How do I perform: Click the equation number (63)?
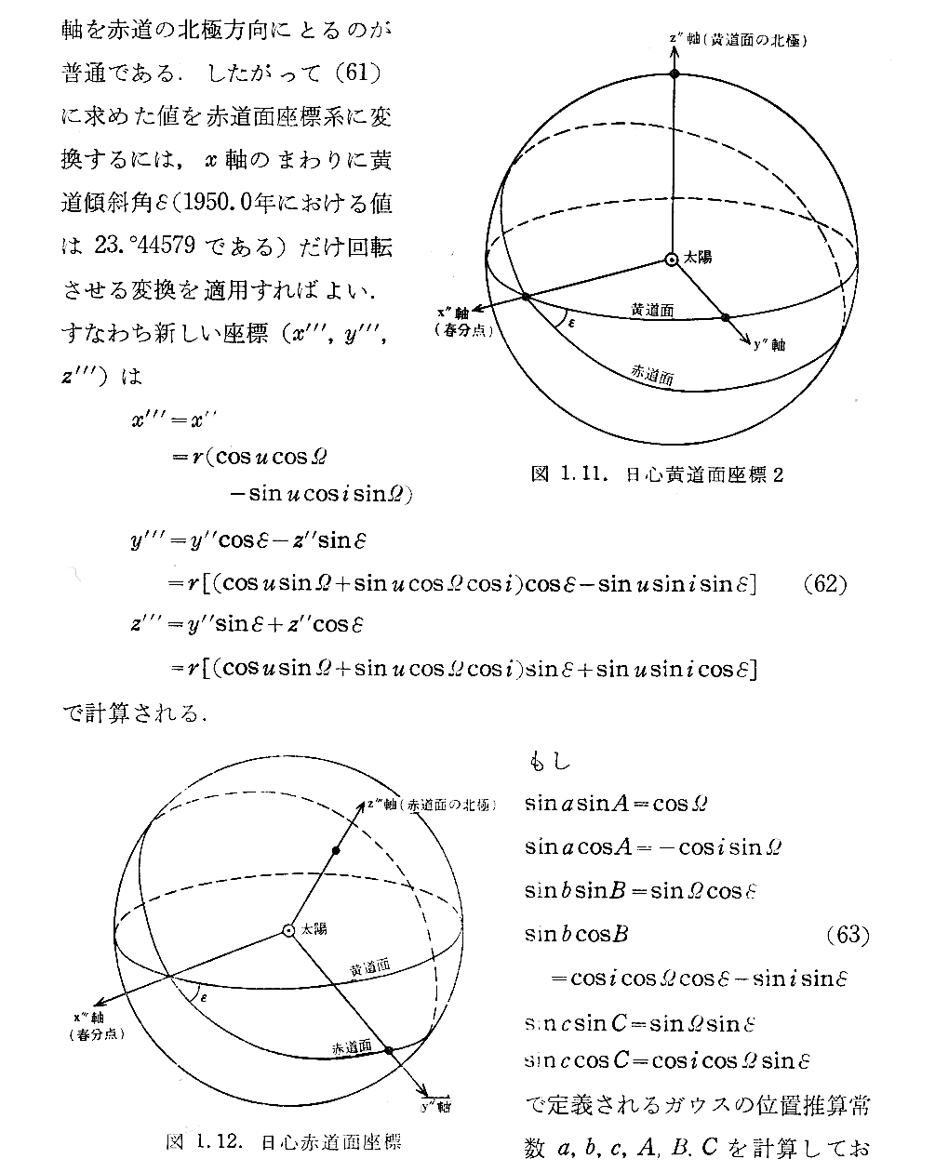point(848,935)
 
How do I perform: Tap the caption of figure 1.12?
point(283,1140)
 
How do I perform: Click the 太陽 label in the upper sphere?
point(698,257)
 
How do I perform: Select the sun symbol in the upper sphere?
point(671,260)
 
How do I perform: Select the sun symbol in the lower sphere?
point(289,930)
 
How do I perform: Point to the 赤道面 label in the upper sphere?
point(652,374)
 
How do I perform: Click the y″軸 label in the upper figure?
point(768,345)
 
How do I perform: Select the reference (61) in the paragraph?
point(357,72)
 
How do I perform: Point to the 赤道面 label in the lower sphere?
point(352,1046)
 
